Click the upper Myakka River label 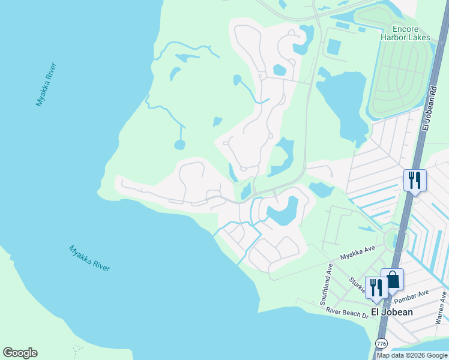pos(46,84)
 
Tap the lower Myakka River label pos(89,258)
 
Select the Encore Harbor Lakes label pos(405,33)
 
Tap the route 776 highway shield pos(381,343)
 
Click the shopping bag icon pos(392,280)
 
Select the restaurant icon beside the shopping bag pos(376,287)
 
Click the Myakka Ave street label pos(358,253)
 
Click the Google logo pos(20,353)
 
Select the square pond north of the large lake pos(334,46)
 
